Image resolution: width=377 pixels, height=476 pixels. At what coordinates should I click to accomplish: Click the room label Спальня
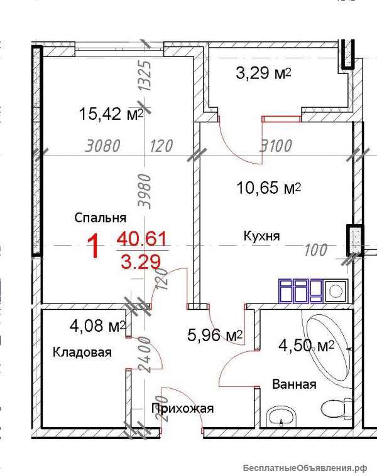[101, 218]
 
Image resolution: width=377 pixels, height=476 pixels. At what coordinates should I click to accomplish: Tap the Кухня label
[261, 236]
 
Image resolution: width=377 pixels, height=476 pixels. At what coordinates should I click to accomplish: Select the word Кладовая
[82, 352]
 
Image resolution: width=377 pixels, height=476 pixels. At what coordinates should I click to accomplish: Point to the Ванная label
[294, 384]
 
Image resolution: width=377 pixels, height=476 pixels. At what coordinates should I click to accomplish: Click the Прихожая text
[182, 408]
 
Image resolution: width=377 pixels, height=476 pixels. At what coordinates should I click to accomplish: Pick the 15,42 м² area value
[111, 114]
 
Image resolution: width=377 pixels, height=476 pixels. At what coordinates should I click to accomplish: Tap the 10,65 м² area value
[269, 188]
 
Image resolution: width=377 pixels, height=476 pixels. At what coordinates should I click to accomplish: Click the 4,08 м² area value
[97, 326]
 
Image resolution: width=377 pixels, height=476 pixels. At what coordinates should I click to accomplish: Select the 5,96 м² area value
[215, 335]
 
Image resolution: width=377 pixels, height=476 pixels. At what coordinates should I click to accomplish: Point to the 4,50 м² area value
[307, 346]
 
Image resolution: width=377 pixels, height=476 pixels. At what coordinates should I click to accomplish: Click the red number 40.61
[142, 238]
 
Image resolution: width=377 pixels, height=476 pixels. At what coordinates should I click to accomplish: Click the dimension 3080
[103, 145]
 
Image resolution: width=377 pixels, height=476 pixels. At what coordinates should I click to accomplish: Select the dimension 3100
[276, 145]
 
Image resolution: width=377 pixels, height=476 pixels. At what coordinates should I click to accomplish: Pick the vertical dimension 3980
[145, 191]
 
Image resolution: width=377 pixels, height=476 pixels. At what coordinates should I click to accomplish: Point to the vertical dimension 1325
[145, 76]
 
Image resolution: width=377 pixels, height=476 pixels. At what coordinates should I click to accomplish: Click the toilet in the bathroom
[337, 408]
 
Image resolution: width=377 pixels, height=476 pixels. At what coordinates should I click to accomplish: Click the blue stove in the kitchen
[301, 291]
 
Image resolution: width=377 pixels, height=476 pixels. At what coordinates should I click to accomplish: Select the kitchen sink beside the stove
[336, 291]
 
